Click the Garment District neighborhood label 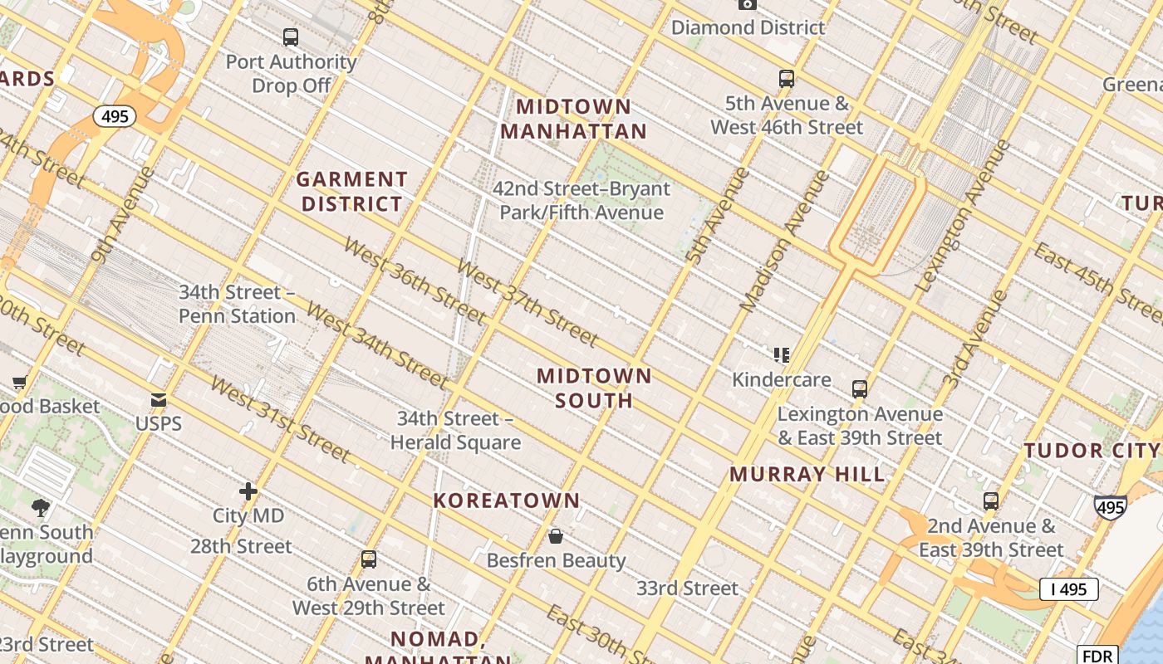pyautogui.click(x=352, y=192)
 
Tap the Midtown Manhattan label pyautogui.click(x=573, y=119)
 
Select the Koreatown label pyautogui.click(x=507, y=500)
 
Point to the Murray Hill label pyautogui.click(x=807, y=475)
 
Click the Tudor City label pyautogui.click(x=1092, y=451)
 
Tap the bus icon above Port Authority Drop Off pyautogui.click(x=290, y=37)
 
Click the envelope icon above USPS pyautogui.click(x=158, y=401)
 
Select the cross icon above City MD pyautogui.click(x=248, y=491)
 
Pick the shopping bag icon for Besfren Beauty pyautogui.click(x=556, y=537)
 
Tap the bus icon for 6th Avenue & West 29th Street pyautogui.click(x=369, y=559)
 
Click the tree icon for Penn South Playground pyautogui.click(x=40, y=508)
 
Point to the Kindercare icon pyautogui.click(x=781, y=355)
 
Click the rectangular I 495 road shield pyautogui.click(x=1068, y=589)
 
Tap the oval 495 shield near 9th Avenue pyautogui.click(x=115, y=116)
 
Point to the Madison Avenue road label pyautogui.click(x=784, y=241)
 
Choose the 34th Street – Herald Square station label pyautogui.click(x=455, y=431)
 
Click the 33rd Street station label pyautogui.click(x=687, y=588)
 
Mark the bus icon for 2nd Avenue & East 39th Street pyautogui.click(x=990, y=501)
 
